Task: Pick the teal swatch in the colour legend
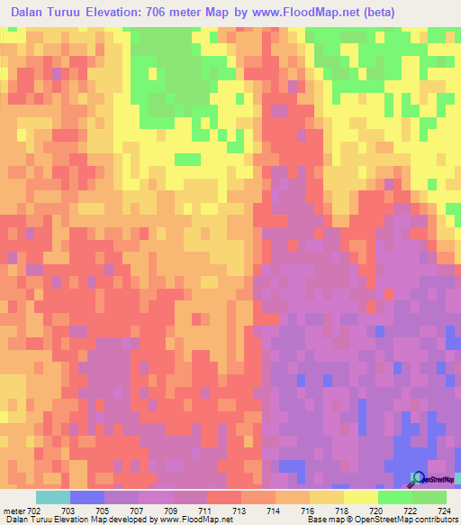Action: pyautogui.click(x=52, y=497)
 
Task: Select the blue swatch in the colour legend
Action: pyautogui.click(x=86, y=497)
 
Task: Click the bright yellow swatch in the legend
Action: pyautogui.click(x=360, y=497)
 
